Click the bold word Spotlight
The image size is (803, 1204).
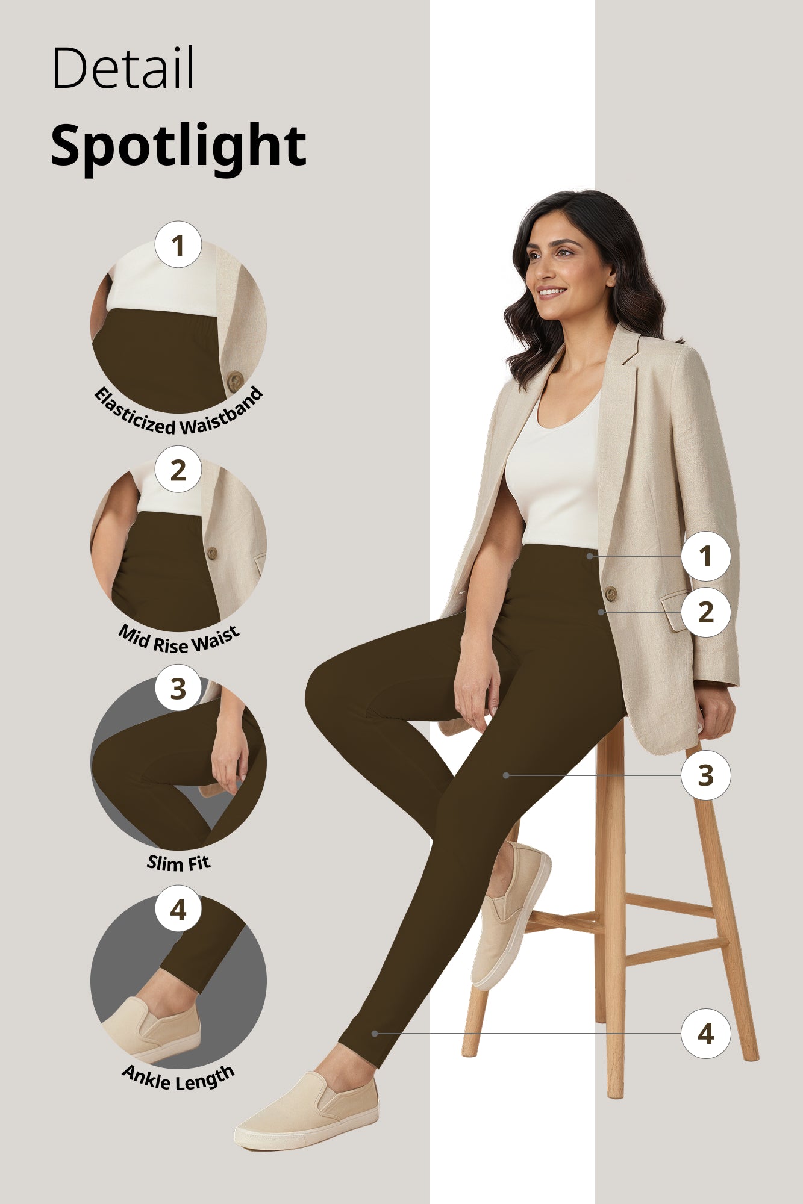click(x=178, y=146)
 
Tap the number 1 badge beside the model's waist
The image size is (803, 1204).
click(x=705, y=556)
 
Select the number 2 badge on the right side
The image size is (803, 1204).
click(x=705, y=612)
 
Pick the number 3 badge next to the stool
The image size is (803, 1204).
click(x=705, y=775)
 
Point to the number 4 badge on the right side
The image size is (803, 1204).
click(x=705, y=1034)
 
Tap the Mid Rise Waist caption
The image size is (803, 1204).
click(x=178, y=639)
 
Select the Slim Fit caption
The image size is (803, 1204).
click(x=178, y=863)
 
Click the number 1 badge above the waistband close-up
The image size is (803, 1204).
click(x=178, y=245)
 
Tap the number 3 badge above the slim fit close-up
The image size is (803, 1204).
click(x=178, y=689)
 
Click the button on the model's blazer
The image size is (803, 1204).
click(x=610, y=594)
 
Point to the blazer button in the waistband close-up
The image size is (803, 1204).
click(x=234, y=380)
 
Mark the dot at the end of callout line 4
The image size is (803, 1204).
click(x=375, y=1034)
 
